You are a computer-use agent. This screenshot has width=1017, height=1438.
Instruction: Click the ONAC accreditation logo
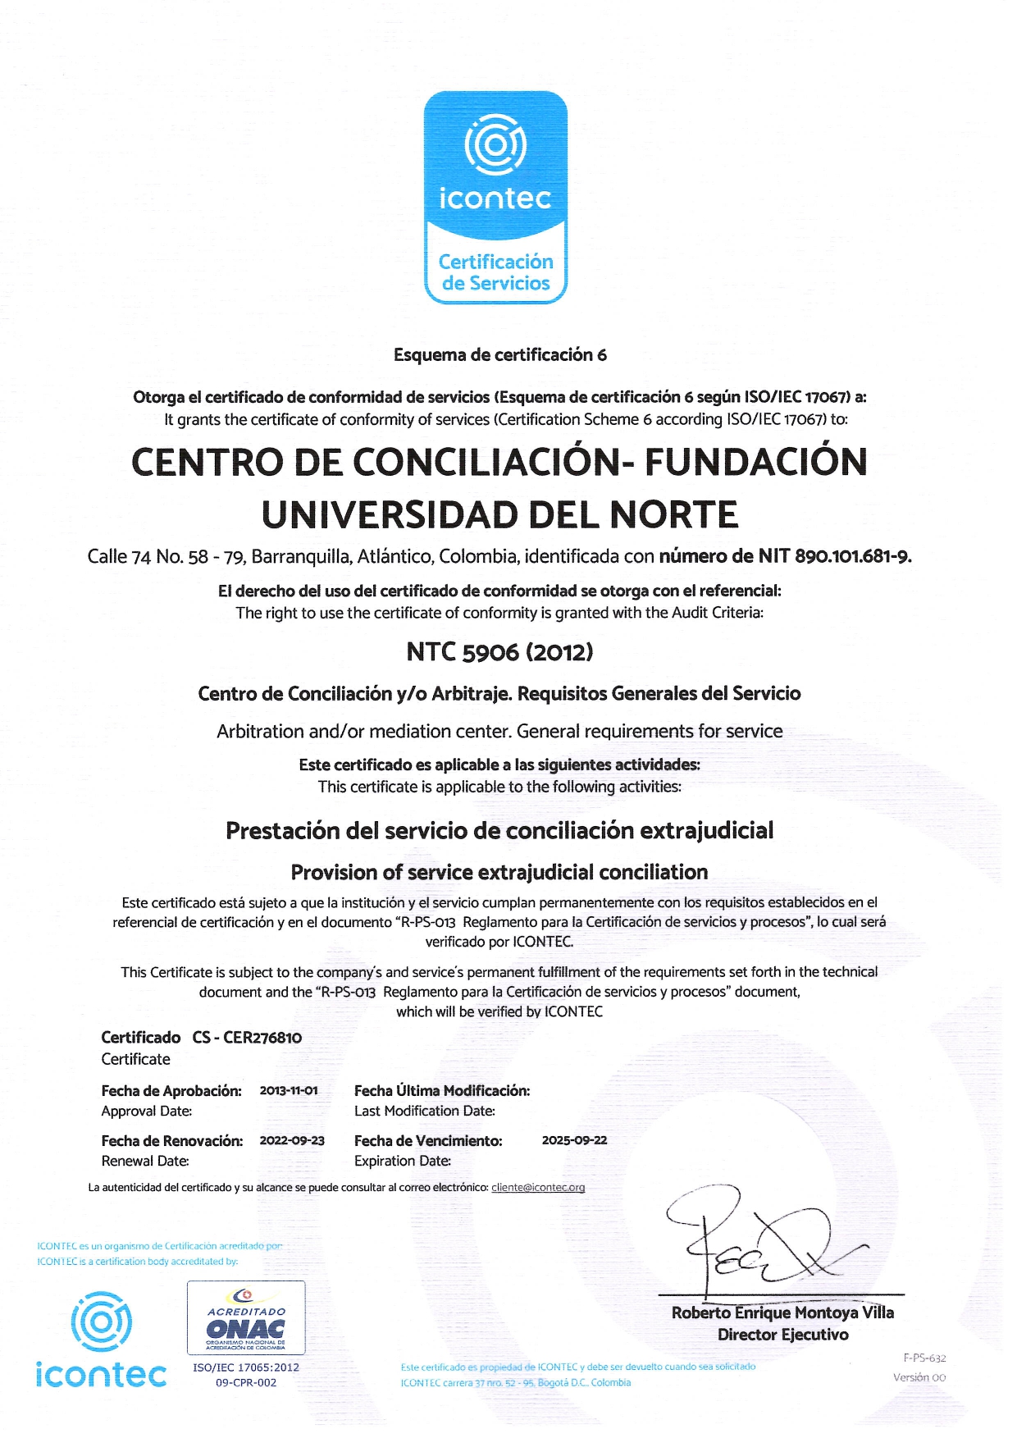point(246,1317)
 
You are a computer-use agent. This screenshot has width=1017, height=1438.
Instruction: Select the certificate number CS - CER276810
point(247,1038)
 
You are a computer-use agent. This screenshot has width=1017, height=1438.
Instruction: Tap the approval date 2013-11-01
point(289,1091)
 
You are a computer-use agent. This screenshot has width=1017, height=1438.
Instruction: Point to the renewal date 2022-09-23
point(292,1141)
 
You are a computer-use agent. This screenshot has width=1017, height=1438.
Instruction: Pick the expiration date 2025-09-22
point(574,1141)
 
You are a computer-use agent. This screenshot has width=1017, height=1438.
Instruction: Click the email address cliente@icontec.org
point(538,1188)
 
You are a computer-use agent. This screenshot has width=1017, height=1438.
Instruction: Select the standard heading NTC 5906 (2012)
point(499,652)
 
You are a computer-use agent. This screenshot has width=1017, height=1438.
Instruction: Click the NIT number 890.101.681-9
point(852,557)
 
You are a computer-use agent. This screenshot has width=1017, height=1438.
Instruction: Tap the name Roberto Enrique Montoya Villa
point(782,1312)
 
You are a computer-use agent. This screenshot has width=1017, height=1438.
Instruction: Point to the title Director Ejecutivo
point(782,1335)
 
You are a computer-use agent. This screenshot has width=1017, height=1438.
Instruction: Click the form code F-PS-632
point(924,1358)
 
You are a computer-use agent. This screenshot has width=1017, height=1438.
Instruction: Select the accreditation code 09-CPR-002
point(246,1382)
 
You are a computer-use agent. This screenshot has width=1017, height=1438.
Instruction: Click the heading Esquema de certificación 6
point(499,355)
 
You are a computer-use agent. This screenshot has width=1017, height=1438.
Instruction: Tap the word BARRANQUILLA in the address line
point(300,557)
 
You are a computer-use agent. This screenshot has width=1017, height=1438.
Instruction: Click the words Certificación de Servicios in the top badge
point(495,272)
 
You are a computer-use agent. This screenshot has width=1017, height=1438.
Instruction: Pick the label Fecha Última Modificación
point(442,1091)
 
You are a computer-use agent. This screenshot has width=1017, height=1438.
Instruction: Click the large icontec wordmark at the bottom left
point(101,1374)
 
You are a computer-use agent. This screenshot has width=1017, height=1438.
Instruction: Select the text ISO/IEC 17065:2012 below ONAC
point(246,1367)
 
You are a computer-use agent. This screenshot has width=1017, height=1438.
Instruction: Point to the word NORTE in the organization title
point(673,515)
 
